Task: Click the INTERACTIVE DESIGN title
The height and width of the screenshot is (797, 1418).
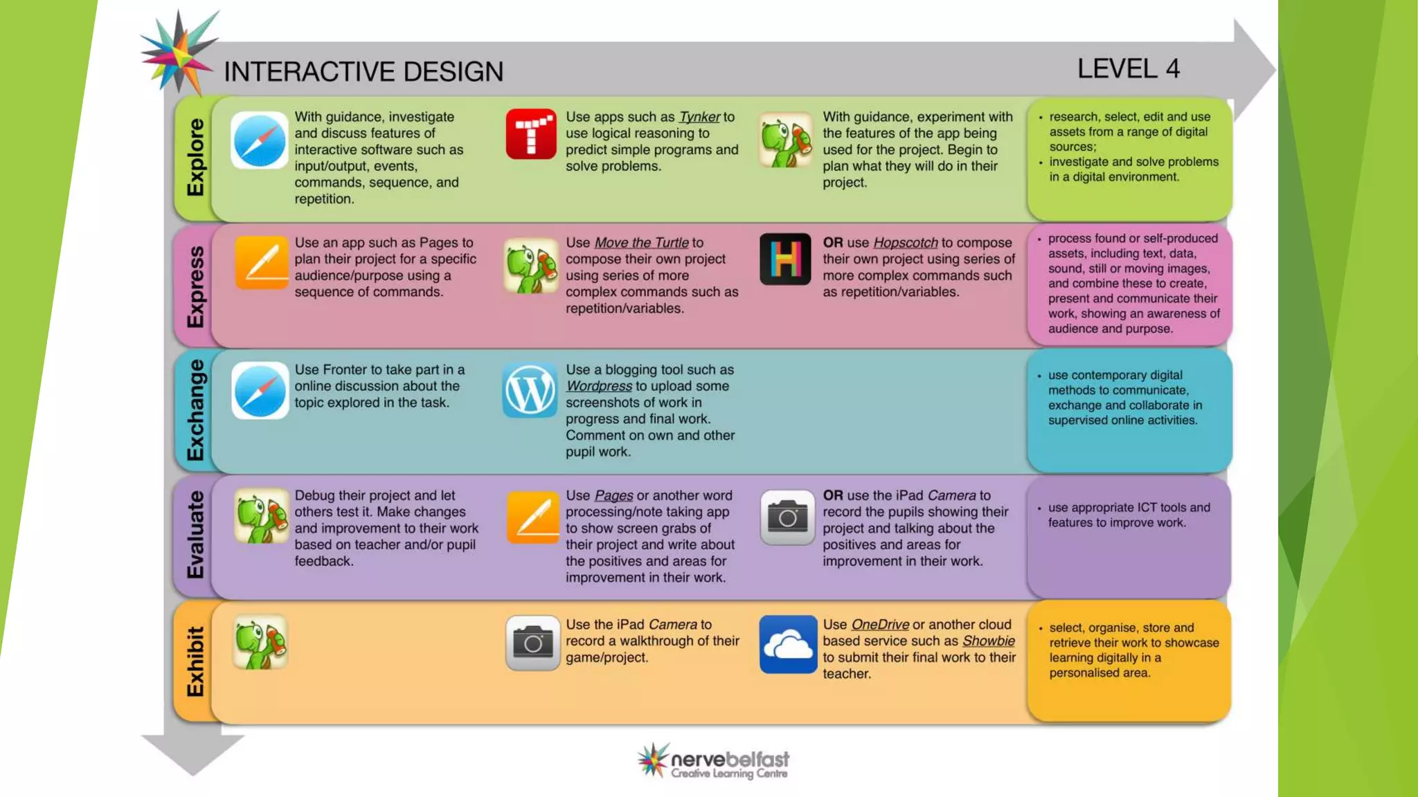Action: click(364, 72)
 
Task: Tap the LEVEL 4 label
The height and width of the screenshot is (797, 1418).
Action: click(1128, 68)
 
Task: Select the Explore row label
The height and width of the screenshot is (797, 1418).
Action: click(196, 158)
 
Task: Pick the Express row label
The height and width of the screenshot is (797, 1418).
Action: click(196, 286)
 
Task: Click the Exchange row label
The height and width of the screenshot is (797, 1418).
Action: click(196, 410)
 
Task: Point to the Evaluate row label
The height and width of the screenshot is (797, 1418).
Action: click(196, 535)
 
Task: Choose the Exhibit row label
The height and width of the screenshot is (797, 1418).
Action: click(196, 661)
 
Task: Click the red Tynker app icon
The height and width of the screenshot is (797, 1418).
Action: click(531, 134)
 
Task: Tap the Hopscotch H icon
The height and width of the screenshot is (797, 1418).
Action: click(785, 259)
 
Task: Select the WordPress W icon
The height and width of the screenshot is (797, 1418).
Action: click(530, 390)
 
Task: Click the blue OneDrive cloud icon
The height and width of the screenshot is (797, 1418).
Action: click(788, 644)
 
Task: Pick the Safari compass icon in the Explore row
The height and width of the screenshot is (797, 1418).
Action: click(260, 140)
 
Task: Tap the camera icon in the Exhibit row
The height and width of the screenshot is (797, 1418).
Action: click(532, 643)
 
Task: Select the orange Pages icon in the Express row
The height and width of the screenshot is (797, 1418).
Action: click(261, 262)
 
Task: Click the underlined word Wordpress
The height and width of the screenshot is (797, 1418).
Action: click(599, 386)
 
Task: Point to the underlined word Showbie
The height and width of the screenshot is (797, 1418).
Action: click(988, 641)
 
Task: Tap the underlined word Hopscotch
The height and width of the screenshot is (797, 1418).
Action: click(905, 243)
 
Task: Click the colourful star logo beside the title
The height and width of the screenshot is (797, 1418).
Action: click(178, 53)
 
